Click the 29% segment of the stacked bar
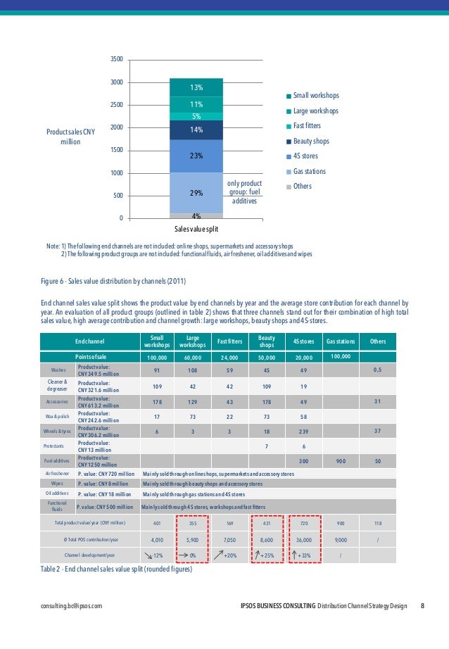[x=196, y=192]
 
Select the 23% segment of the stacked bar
[x=196, y=156]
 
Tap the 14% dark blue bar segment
[x=196, y=130]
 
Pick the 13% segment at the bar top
[x=196, y=88]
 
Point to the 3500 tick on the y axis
[x=117, y=59]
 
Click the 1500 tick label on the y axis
[x=117, y=150]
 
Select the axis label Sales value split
[x=196, y=229]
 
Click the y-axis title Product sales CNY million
[x=70, y=137]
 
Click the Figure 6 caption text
[x=113, y=282]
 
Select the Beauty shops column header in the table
[x=267, y=341]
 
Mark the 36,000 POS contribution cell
[x=304, y=539]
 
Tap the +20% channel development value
[x=230, y=555]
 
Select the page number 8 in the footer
[x=422, y=605]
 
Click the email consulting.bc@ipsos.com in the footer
[x=72, y=605]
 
